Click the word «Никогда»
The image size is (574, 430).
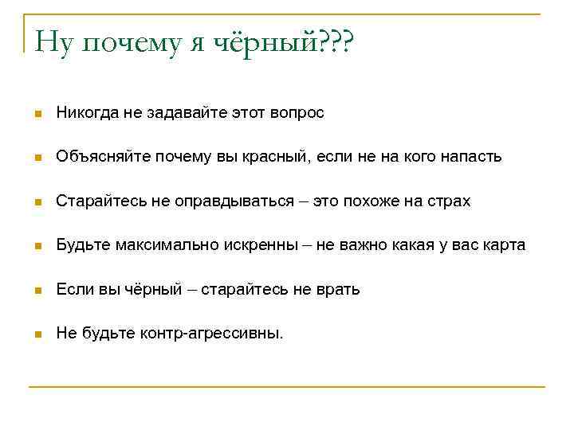pyautogui.click(x=86, y=113)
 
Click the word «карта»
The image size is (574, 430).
pyautogui.click(x=505, y=245)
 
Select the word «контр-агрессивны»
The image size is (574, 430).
pyautogui.click(x=209, y=334)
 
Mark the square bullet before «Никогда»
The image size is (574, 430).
pyautogui.click(x=37, y=114)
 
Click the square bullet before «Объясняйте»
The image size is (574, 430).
pyautogui.click(x=37, y=158)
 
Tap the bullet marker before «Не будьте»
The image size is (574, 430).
pyautogui.click(x=37, y=334)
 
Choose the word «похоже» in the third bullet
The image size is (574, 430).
pyautogui.click(x=369, y=201)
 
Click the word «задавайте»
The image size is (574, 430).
pyautogui.click(x=171, y=113)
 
